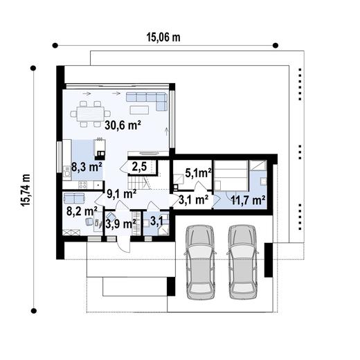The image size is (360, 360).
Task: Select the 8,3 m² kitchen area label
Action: coord(87,166)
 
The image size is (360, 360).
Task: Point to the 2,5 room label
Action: coord(138,166)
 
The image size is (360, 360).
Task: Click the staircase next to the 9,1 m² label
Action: coord(145,183)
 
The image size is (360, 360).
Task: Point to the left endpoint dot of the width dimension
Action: coord(53,46)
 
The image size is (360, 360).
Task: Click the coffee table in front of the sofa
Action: coord(139,109)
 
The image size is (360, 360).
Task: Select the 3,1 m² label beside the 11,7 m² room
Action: coord(194,200)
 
